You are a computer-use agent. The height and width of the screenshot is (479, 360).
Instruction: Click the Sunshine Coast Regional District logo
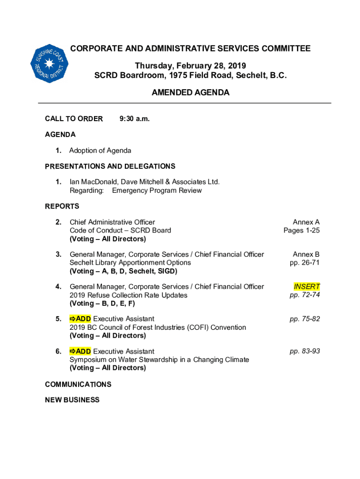(50, 64)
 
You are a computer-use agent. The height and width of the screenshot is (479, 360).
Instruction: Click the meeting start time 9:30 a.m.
(135, 119)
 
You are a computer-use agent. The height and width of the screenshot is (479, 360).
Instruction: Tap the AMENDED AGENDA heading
(190, 93)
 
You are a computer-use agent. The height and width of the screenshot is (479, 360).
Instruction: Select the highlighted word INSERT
(307, 286)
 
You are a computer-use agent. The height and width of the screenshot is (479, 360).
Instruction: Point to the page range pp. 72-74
(305, 295)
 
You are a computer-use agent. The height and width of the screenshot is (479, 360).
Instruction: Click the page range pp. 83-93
(305, 351)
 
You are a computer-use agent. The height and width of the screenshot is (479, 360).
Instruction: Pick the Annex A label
(306, 222)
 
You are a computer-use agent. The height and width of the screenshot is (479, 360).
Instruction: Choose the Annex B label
(306, 254)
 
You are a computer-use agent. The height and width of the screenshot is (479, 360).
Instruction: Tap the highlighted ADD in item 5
(80, 319)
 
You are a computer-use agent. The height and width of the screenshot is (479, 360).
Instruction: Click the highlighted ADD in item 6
(80, 351)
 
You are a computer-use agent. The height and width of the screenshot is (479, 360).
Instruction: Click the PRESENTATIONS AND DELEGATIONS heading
(110, 166)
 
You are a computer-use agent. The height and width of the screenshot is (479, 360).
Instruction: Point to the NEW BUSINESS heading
(72, 400)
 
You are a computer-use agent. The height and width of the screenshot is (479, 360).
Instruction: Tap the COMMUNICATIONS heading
(78, 384)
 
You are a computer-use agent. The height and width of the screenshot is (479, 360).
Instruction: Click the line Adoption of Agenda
(100, 150)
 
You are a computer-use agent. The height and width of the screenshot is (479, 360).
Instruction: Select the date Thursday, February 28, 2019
(190, 65)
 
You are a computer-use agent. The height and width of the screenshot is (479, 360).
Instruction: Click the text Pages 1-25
(302, 230)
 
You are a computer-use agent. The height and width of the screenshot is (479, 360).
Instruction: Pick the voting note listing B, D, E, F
(102, 303)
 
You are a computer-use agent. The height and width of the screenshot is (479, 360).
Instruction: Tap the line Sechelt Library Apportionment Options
(130, 262)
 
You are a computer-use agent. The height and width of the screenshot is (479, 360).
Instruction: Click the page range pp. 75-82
(305, 319)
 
